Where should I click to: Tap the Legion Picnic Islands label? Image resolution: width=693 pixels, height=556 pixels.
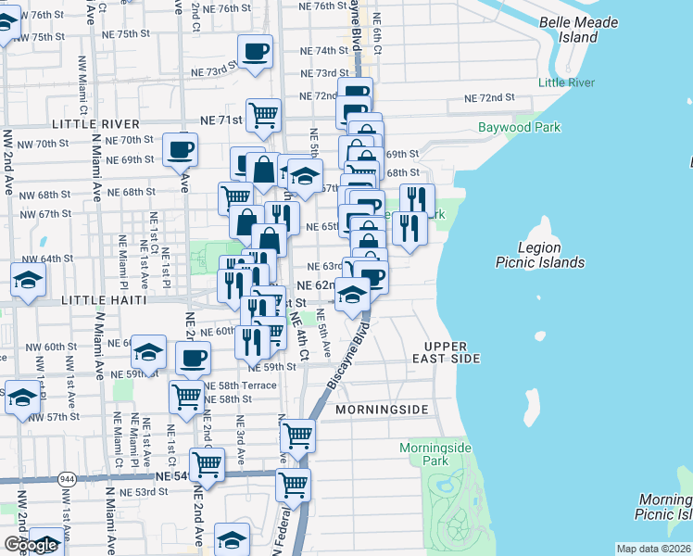point(551,255)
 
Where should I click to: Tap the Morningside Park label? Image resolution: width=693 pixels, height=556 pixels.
point(435,454)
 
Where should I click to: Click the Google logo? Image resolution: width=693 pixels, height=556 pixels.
point(31,545)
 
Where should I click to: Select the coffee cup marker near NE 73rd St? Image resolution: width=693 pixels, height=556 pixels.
point(255,51)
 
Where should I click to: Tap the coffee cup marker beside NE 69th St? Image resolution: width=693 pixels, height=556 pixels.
point(180,148)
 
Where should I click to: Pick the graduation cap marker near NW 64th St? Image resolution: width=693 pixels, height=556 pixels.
point(29,279)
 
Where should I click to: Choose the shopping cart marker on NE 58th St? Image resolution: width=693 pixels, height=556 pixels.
point(187,396)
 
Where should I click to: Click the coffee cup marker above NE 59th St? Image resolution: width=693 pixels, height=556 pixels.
point(193,358)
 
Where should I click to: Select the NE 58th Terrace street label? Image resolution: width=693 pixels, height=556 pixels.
point(239,385)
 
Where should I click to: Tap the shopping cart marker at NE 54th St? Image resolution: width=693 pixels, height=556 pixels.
point(207,465)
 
